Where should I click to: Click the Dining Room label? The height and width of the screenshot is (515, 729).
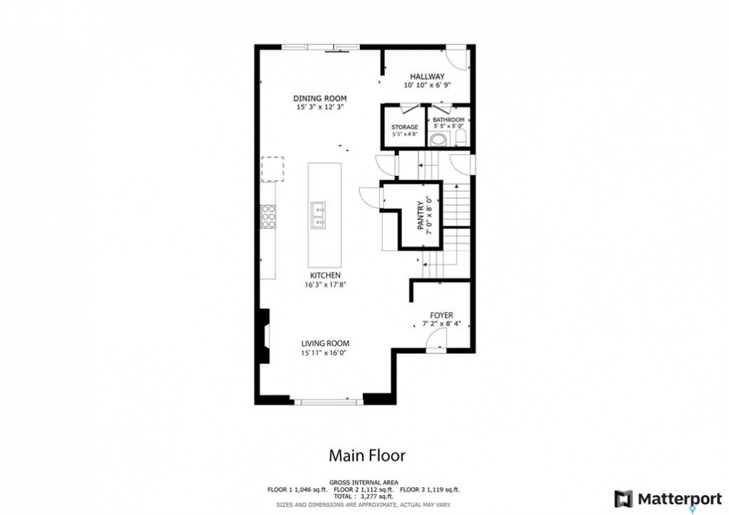click(320, 99)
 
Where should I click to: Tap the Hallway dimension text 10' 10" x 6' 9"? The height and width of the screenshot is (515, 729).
click(427, 85)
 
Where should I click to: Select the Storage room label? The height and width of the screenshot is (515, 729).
click(404, 127)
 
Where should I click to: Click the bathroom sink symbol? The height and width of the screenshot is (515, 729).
click(439, 139)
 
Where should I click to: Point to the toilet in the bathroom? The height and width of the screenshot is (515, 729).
click(460, 138)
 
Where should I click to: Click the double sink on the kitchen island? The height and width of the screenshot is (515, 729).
click(318, 216)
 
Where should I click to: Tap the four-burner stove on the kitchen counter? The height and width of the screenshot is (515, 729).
click(268, 217)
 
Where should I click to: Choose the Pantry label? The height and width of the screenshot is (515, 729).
click(421, 216)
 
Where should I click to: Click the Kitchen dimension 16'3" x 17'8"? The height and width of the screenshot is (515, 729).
click(326, 285)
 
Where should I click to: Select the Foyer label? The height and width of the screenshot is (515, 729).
click(441, 315)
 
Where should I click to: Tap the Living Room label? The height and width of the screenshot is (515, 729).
click(325, 343)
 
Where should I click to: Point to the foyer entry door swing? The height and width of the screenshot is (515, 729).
click(437, 338)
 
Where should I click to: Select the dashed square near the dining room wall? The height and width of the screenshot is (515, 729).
click(273, 169)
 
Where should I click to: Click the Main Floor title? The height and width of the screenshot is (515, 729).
click(367, 456)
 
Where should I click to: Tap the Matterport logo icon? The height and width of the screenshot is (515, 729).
click(623, 499)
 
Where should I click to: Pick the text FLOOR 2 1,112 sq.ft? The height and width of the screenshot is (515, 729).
click(363, 489)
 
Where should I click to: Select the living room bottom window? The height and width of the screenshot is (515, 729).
click(328, 401)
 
